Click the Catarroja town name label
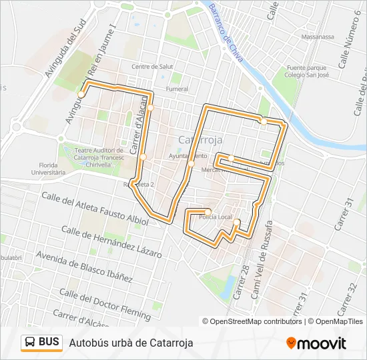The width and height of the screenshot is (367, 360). point(201,139)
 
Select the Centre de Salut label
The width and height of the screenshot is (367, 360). point(152,67)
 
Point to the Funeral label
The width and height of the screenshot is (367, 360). point(177,89)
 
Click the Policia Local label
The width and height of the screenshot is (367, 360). point(216,217)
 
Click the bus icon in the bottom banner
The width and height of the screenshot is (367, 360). point(30,343)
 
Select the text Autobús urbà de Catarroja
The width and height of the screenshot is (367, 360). point(131,343)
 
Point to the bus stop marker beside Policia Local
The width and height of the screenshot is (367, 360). point(208,212)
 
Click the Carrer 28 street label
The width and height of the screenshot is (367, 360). point(243,280)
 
